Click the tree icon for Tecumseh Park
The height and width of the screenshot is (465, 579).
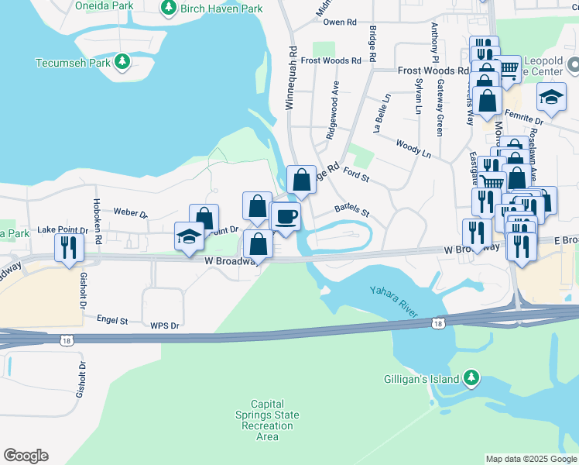pyautogui.click(x=121, y=61)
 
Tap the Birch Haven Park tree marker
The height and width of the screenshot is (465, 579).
pyautogui.click(x=167, y=8)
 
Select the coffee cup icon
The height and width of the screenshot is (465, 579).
pyautogui.click(x=286, y=215)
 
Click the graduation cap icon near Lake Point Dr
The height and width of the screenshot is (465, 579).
pyautogui.click(x=189, y=236)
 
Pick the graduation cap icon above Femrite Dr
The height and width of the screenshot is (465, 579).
pyautogui.click(x=551, y=96)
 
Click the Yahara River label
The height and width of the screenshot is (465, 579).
pyautogui.click(x=394, y=301)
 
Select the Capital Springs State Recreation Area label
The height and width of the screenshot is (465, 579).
pyautogui.click(x=267, y=420)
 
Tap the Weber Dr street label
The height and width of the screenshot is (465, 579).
pyautogui.click(x=130, y=212)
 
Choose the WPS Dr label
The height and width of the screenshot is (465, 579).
pyautogui.click(x=165, y=326)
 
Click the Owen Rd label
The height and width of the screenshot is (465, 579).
pyautogui.click(x=339, y=22)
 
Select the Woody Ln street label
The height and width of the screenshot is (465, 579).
pyautogui.click(x=413, y=148)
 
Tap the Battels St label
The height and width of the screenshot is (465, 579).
pyautogui.click(x=352, y=210)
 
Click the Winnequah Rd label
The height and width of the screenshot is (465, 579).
pyautogui.click(x=293, y=77)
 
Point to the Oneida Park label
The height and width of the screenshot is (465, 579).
pyautogui.click(x=104, y=5)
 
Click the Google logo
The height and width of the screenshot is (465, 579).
pyautogui.click(x=26, y=456)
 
